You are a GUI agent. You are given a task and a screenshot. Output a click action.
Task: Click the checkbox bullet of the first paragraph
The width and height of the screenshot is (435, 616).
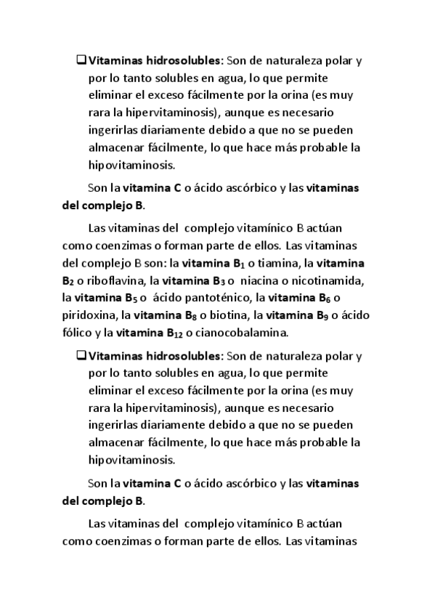[81, 61]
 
